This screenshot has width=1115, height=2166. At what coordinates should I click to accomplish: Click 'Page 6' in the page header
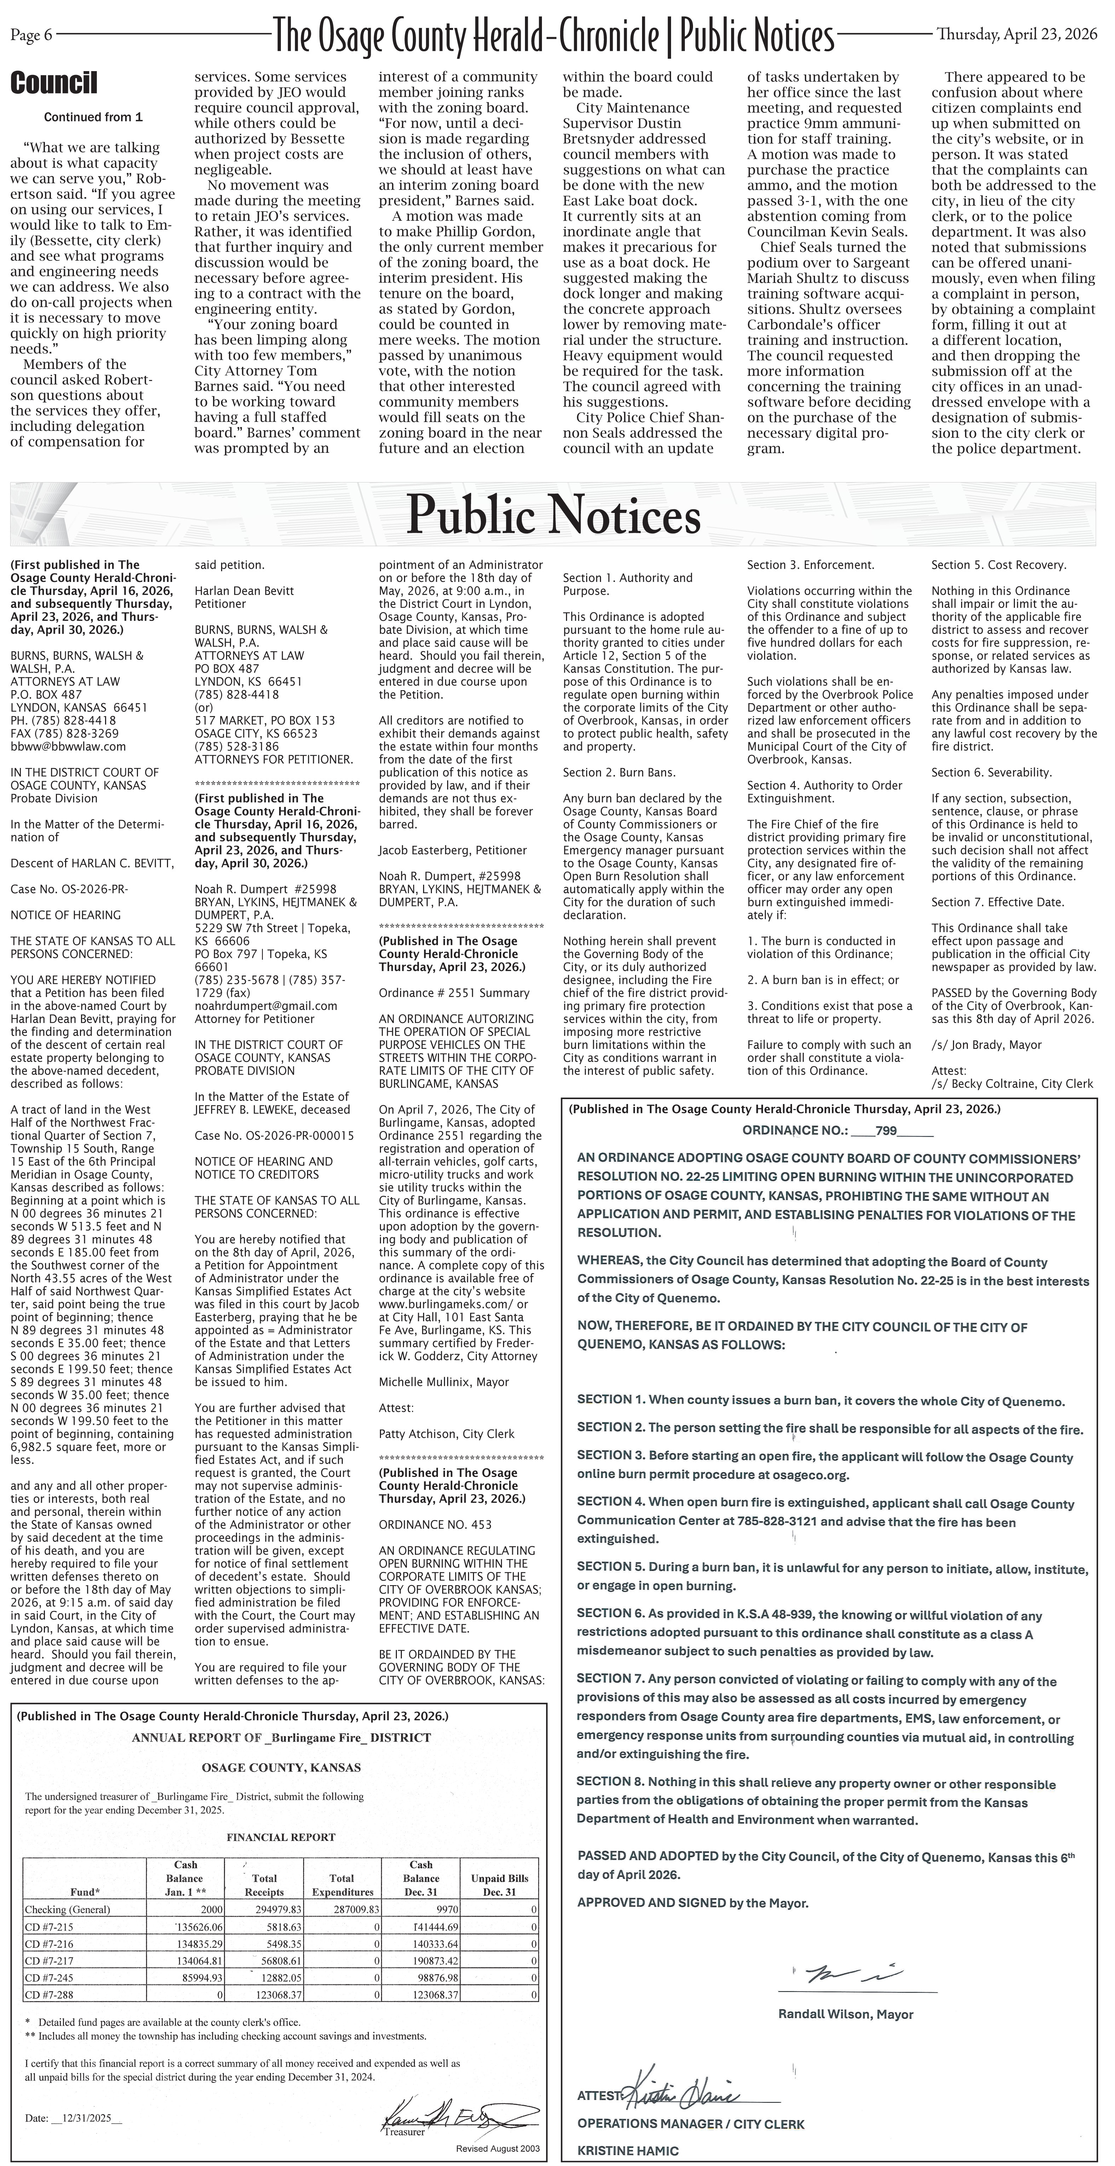tap(31, 35)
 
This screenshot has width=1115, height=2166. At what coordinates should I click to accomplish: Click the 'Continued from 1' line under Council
tap(93, 118)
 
